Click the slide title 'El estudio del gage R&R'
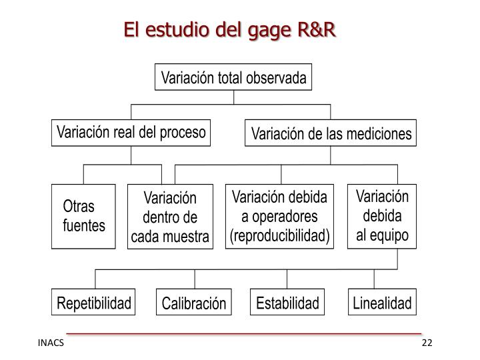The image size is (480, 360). tap(231, 29)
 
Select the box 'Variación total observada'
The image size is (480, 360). tap(233, 78)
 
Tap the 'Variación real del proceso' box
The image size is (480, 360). tap(131, 132)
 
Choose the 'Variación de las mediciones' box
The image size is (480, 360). tap(331, 135)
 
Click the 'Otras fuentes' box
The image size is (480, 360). tap(83, 216)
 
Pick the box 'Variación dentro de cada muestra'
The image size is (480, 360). tap(170, 217)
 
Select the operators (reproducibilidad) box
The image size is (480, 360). tap(280, 216)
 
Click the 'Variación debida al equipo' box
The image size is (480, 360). tap(381, 216)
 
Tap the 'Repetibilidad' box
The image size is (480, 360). tap(94, 304)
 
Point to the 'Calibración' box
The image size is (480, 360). tap(194, 304)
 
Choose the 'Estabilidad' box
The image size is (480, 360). tap(288, 304)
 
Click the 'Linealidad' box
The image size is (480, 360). tap(382, 304)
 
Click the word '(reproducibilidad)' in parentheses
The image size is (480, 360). tap(280, 236)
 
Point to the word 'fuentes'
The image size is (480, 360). tap(84, 225)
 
